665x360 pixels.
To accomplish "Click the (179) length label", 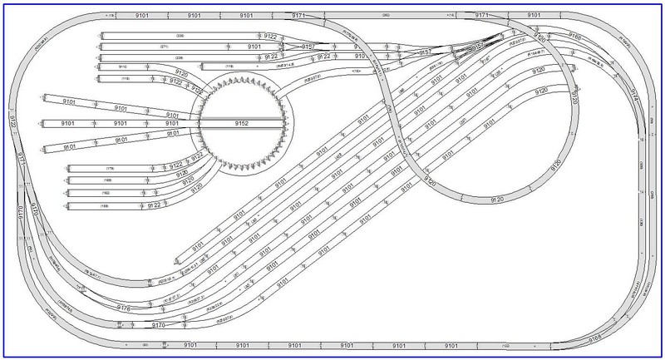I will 108,168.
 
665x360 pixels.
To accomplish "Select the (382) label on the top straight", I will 386,15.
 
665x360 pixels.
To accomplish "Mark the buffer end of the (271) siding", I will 101,47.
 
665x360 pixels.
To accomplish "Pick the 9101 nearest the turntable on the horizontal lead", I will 173,123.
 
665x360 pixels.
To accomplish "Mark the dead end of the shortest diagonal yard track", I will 170,258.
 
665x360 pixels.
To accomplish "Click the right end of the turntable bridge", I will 286,122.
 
